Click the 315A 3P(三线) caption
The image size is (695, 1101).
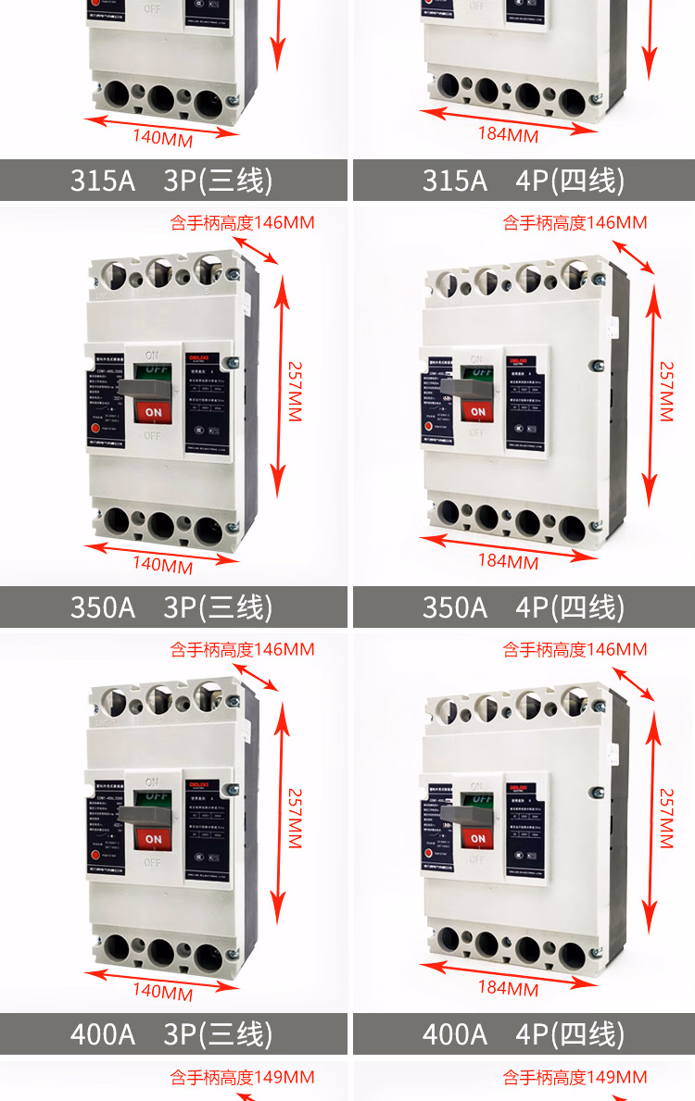[x=172, y=180]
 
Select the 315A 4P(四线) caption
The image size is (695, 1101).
[x=524, y=180]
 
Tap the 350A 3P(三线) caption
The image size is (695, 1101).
[x=172, y=607]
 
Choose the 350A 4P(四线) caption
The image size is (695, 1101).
[x=524, y=607]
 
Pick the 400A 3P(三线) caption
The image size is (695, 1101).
[x=172, y=1033]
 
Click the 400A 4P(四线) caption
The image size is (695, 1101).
[x=524, y=1033]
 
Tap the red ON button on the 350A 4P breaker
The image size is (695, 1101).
[x=477, y=411]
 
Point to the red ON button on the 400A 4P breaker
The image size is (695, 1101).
[x=477, y=838]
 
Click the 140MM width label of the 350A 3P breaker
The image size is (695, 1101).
[x=162, y=564]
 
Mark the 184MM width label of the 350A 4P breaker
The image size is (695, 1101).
[x=508, y=561]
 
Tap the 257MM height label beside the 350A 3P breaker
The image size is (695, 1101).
[x=295, y=391]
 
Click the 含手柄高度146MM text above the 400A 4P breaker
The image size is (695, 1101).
[x=575, y=649]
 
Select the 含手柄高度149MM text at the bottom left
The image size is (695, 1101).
[x=242, y=1077]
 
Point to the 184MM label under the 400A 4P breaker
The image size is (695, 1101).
[x=508, y=988]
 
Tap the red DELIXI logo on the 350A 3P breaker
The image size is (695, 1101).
[x=199, y=357]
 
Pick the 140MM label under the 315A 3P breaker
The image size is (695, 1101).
[x=162, y=139]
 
